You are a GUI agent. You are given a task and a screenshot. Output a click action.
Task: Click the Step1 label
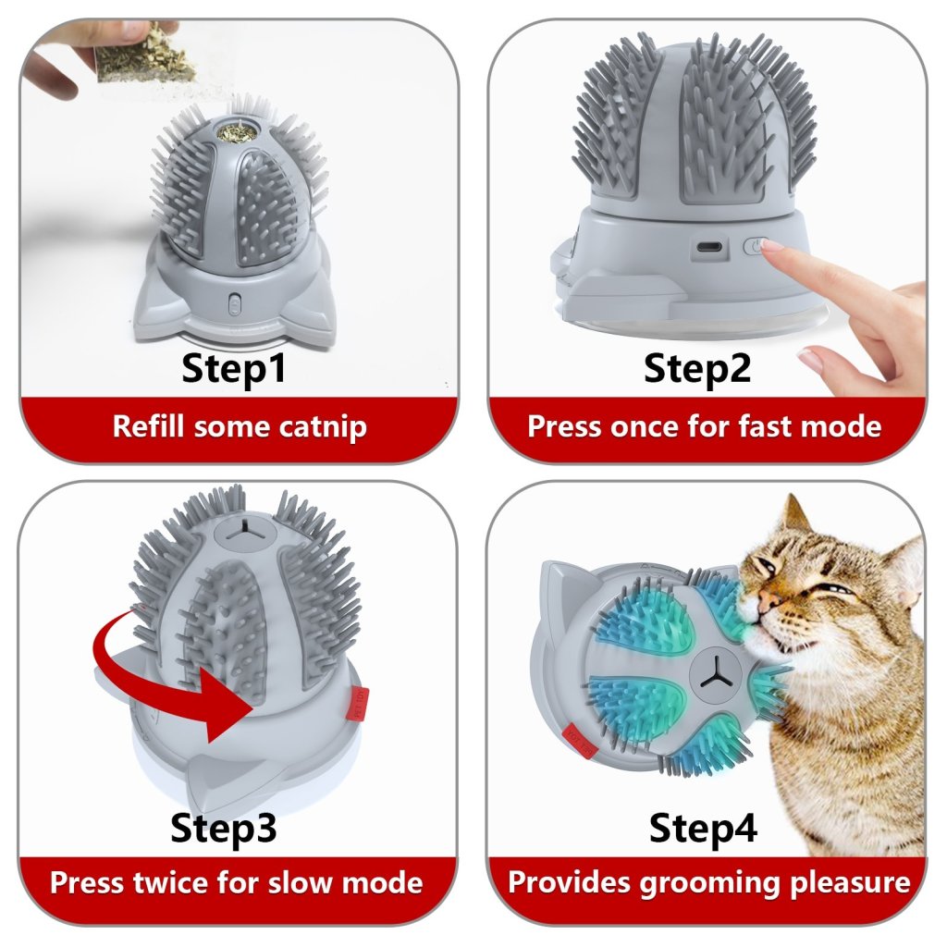233,369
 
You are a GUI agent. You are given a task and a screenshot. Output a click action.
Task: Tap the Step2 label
697,369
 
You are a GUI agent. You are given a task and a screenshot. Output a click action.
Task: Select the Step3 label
224,829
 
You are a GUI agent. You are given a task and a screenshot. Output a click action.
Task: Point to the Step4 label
703,828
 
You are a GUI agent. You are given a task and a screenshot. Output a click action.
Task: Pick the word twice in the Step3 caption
172,882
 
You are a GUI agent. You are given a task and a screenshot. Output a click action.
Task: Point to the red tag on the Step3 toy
358,704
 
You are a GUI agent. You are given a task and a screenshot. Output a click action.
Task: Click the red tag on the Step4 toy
580,741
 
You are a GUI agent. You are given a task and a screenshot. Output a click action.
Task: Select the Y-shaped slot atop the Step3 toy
245,528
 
